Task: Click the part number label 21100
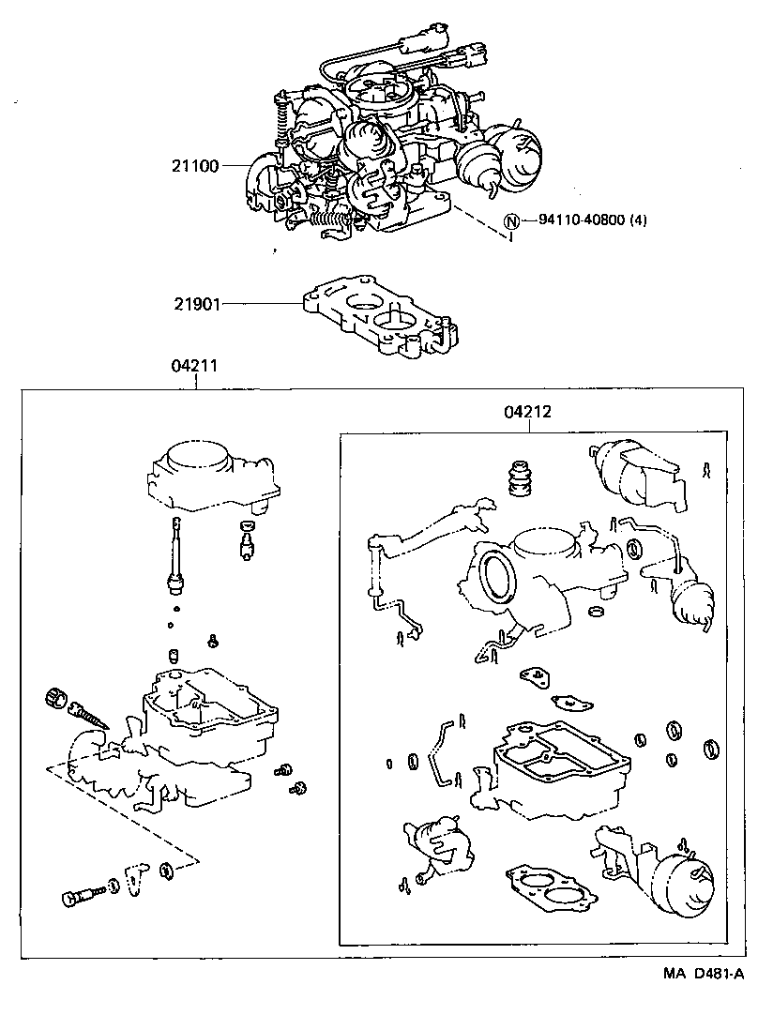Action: [194, 166]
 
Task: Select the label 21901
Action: [194, 303]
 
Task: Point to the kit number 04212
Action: [526, 412]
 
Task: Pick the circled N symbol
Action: [511, 222]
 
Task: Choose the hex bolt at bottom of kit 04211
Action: [80, 895]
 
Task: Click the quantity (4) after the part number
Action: [638, 221]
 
